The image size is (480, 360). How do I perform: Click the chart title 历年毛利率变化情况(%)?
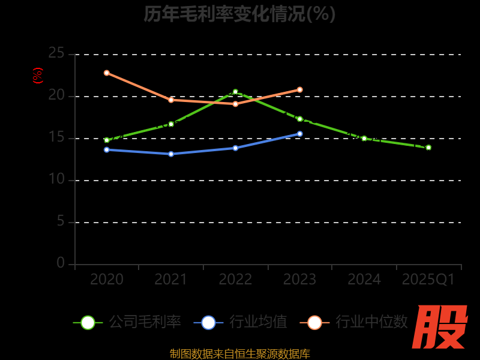239,14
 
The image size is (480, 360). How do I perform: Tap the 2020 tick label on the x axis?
107,280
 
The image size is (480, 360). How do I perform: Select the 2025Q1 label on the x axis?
428,280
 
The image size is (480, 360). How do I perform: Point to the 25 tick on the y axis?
56,53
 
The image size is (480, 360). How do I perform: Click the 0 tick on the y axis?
61,263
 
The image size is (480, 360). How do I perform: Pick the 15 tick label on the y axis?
56,137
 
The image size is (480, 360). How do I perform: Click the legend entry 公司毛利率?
127,322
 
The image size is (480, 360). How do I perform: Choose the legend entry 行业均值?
241,322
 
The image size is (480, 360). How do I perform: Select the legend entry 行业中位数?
358,322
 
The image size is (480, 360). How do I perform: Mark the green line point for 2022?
235,92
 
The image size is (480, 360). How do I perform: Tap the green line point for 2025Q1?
428,148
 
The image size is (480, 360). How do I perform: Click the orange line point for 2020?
107,73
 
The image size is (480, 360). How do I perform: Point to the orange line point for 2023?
300,90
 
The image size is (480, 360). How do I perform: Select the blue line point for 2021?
171,154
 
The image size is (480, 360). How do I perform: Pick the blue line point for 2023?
300,134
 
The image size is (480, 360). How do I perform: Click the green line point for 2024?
364,139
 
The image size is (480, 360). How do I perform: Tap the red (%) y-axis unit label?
38,76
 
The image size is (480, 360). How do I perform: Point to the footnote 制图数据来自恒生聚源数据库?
240,354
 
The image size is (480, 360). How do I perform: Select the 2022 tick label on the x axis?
235,280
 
